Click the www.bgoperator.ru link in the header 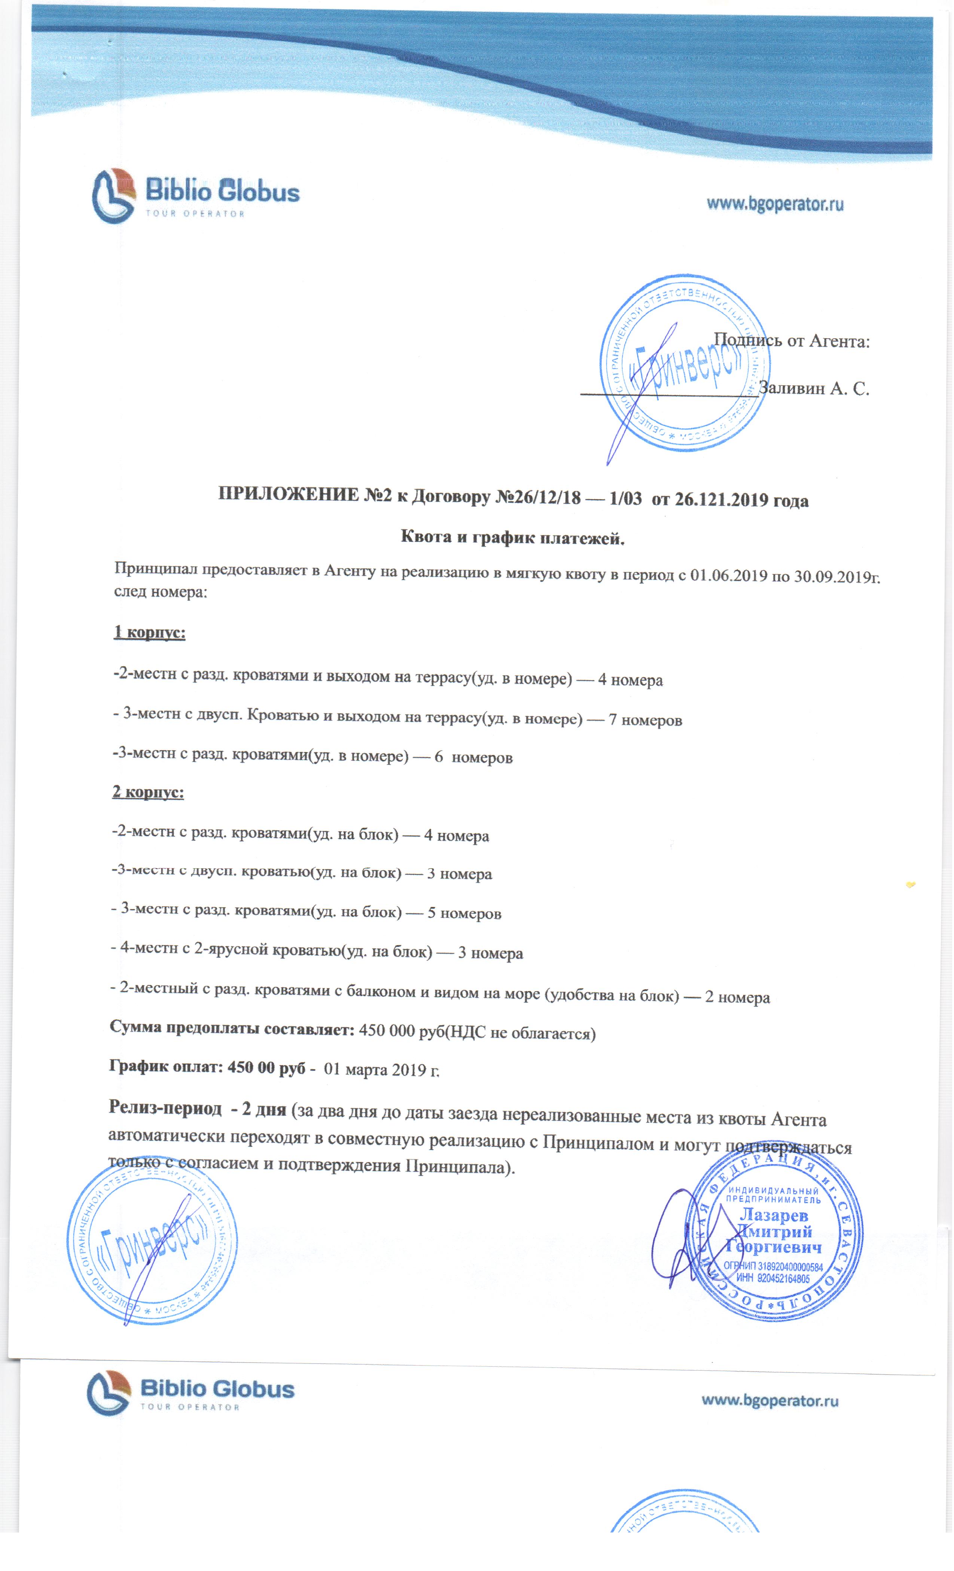pyautogui.click(x=775, y=204)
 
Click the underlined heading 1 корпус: pyautogui.click(x=149, y=633)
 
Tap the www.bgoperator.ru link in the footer pyautogui.click(x=770, y=1401)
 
